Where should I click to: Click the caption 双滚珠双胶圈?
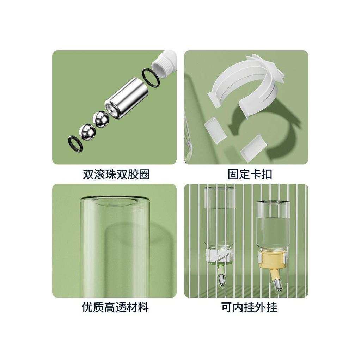click(116, 174)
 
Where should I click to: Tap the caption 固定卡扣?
click(250, 174)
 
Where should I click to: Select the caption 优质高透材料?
click(115, 307)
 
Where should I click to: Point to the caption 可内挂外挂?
click(249, 307)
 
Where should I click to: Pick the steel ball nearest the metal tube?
click(100, 119)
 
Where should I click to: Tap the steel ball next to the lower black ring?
click(87, 132)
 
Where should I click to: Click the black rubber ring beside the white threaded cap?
click(151, 78)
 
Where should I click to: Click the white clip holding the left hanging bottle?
click(219, 256)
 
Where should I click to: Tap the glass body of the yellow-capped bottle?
click(273, 226)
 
